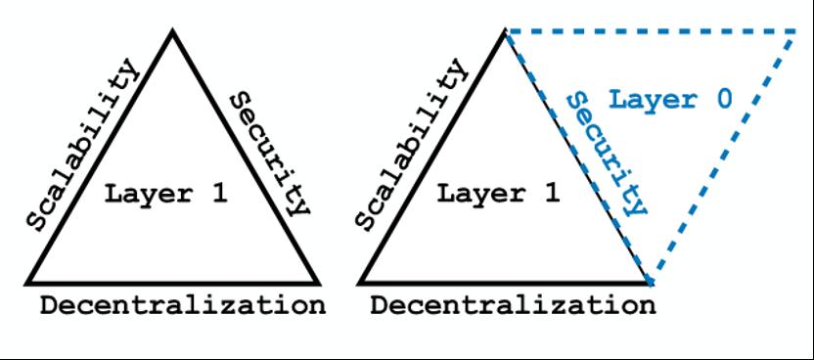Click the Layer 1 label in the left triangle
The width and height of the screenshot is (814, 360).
[165, 195]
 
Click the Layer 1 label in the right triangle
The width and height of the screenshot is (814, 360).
[498, 195]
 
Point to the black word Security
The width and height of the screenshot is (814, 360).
[270, 154]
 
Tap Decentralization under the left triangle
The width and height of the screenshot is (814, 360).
[183, 306]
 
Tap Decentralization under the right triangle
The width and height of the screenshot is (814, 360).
[513, 306]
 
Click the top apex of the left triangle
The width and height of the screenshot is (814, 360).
[173, 31]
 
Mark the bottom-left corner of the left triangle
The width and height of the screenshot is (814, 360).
[27, 284]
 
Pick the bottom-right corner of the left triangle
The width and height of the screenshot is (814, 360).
[319, 284]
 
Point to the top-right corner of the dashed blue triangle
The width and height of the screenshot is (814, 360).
[794, 32]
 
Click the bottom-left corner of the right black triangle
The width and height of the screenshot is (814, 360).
[359, 284]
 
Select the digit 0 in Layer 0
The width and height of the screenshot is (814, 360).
[724, 100]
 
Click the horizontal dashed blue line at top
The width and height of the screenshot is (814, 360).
[651, 32]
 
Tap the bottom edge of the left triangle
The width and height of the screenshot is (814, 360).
[173, 284]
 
